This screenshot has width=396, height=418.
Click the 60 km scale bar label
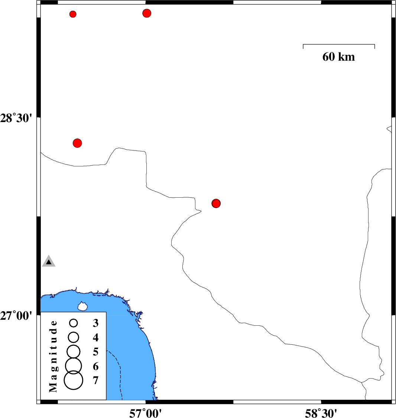(338, 57)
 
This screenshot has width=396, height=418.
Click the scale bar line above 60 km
(339, 45)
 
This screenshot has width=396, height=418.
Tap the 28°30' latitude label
(16, 118)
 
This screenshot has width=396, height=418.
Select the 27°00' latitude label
(16, 316)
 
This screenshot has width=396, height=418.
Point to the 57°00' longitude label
(145, 413)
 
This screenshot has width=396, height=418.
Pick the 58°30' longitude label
(321, 413)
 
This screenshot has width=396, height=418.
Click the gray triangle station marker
(49, 261)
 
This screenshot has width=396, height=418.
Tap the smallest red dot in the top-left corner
(73, 14)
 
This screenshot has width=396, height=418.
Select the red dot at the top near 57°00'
(147, 13)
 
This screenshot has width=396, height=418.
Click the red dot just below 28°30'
(77, 143)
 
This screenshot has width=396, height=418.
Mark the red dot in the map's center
(216, 203)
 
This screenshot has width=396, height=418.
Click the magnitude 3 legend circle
(74, 323)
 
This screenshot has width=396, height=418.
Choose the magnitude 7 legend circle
(74, 380)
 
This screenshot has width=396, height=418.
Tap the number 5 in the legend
(95, 352)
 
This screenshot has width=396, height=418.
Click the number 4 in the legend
(95, 338)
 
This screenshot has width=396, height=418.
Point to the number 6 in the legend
(95, 366)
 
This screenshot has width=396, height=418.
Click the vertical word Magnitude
(53, 356)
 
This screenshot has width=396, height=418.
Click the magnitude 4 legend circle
(74, 338)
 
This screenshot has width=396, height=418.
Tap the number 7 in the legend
(95, 380)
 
